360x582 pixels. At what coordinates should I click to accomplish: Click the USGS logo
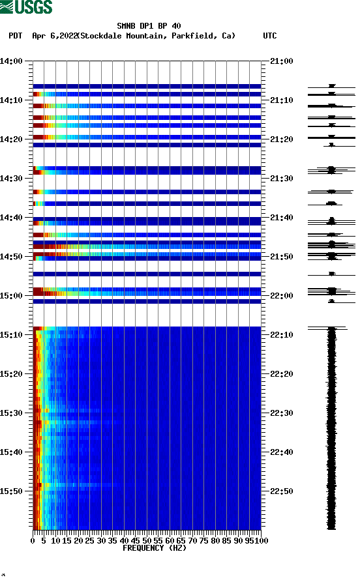[x=26, y=7]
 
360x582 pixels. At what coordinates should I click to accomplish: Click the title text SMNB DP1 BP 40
[x=149, y=27]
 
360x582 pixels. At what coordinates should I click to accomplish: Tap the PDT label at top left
[x=16, y=36]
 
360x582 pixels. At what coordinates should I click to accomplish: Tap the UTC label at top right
[x=269, y=36]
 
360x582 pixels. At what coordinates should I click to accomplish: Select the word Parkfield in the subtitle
[x=194, y=36]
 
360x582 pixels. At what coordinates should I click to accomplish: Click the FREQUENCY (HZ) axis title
[x=154, y=548]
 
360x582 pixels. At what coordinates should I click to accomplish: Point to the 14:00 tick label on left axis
[x=12, y=61]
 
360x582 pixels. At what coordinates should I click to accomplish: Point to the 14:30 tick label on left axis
[x=12, y=179]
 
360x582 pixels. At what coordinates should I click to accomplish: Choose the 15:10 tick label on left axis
[x=12, y=335]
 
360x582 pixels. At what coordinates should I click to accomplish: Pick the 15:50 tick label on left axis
[x=12, y=491]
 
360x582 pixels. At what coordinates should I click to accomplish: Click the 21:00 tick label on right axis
[x=281, y=61]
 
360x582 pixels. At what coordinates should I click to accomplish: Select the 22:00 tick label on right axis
[x=281, y=296]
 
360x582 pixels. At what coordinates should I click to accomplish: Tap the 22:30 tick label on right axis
[x=281, y=413]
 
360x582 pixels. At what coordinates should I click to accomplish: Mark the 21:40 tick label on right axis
[x=281, y=218]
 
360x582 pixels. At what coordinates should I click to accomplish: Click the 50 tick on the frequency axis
[x=147, y=540]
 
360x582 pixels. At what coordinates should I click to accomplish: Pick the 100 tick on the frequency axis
[x=262, y=540]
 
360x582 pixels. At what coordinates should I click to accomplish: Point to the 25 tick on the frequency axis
[x=90, y=540]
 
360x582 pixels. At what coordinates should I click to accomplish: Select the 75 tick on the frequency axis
[x=204, y=540]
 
